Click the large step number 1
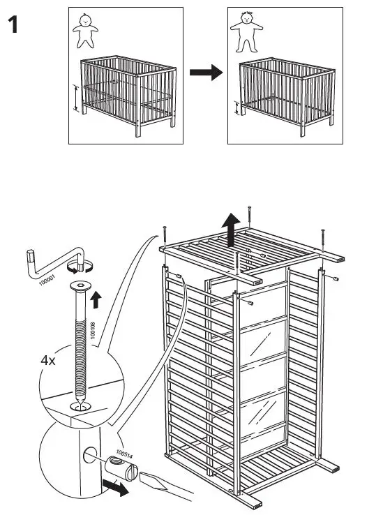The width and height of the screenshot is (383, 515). coord(13,24)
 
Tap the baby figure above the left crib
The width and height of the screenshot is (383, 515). coord(85,31)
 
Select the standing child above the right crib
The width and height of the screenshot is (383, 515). coord(246,31)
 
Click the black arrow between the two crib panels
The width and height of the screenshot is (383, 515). coord(206,73)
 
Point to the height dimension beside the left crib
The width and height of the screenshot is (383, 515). coord(76,98)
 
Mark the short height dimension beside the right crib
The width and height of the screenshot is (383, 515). coord(236,108)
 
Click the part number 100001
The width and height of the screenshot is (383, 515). coord(47,280)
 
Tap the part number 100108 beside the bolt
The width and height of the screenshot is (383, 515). coord(93,330)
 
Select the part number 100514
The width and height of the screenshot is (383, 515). coord(124,454)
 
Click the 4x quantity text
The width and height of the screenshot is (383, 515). coord(48,361)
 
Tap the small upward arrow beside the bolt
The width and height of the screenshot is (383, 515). coord(96,299)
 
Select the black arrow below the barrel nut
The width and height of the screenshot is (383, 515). coord(115,487)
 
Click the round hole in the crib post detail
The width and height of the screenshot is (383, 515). coord(90,455)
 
